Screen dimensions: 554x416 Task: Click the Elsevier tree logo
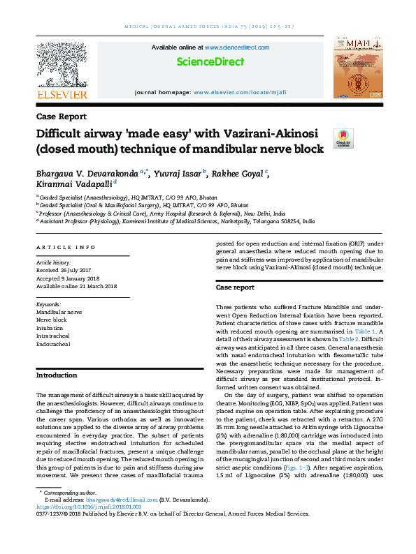tap(62, 65)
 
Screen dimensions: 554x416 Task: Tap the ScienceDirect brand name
tap(210, 62)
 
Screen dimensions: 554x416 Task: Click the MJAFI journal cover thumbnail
tap(357, 68)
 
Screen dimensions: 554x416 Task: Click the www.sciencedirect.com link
tap(237, 47)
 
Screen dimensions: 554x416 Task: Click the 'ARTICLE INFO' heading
tap(66, 248)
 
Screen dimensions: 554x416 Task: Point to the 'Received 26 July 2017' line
tap(66, 269)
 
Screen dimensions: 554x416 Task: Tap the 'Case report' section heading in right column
tap(235, 287)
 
